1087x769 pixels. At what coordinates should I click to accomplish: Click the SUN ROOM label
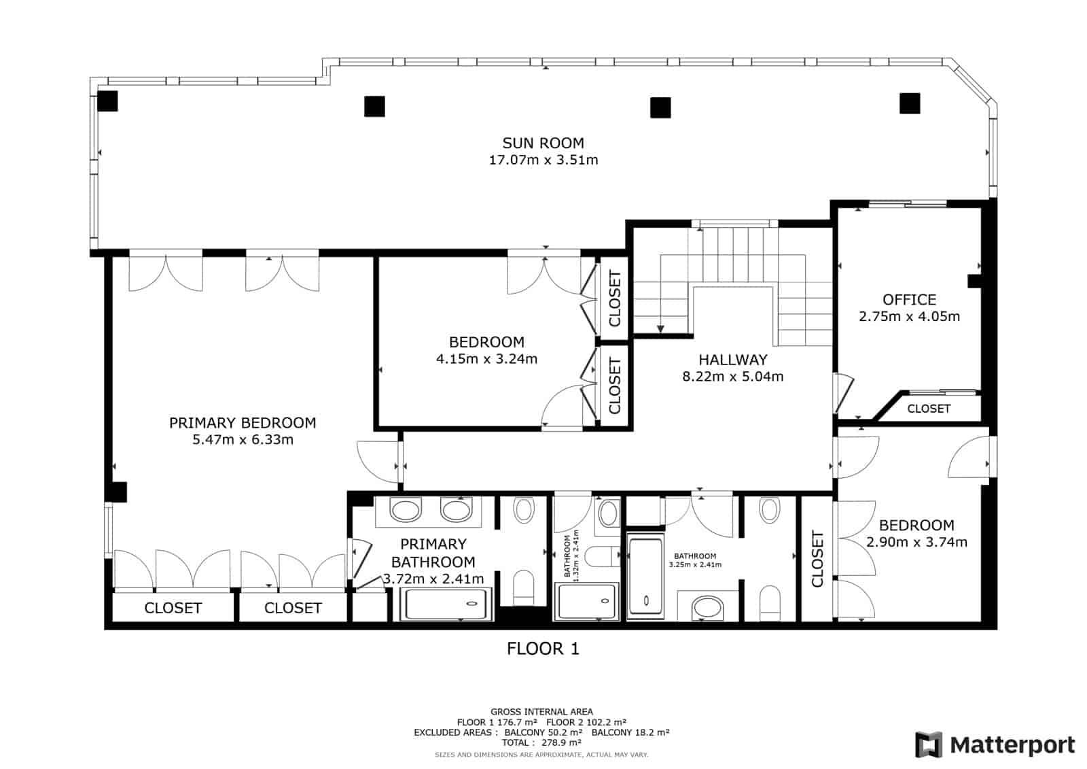coord(543,143)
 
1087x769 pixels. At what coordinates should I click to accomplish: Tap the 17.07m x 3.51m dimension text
coord(543,160)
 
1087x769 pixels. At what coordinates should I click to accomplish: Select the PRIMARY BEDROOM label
coord(242,423)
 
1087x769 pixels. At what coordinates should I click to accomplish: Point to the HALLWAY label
coord(733,360)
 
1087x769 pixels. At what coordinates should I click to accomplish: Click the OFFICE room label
coord(909,300)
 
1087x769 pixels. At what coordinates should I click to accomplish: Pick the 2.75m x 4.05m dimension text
coord(909,317)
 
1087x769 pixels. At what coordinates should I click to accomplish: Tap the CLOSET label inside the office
coord(928,409)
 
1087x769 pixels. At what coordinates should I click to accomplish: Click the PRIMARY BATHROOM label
coord(433,553)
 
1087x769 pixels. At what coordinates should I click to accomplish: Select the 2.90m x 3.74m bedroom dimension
coord(916,542)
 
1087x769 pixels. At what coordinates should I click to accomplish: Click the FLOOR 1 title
coord(543,649)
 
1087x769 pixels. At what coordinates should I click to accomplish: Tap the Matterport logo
coord(995,745)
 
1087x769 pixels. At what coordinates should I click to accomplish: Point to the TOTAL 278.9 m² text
coord(541,742)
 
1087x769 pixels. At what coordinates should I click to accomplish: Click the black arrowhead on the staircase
coord(660,329)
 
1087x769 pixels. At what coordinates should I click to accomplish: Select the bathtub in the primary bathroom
coord(446,604)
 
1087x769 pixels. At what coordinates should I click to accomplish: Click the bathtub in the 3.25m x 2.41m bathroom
coord(645,576)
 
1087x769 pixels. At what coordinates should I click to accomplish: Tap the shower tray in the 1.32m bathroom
coord(587,602)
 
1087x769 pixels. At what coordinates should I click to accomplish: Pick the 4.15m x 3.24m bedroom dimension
coord(486,359)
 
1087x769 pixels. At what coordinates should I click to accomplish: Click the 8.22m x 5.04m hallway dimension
coord(733,377)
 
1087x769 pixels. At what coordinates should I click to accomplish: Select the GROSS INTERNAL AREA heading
coord(541,712)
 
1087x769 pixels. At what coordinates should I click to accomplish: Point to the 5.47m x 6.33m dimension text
coord(243,440)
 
